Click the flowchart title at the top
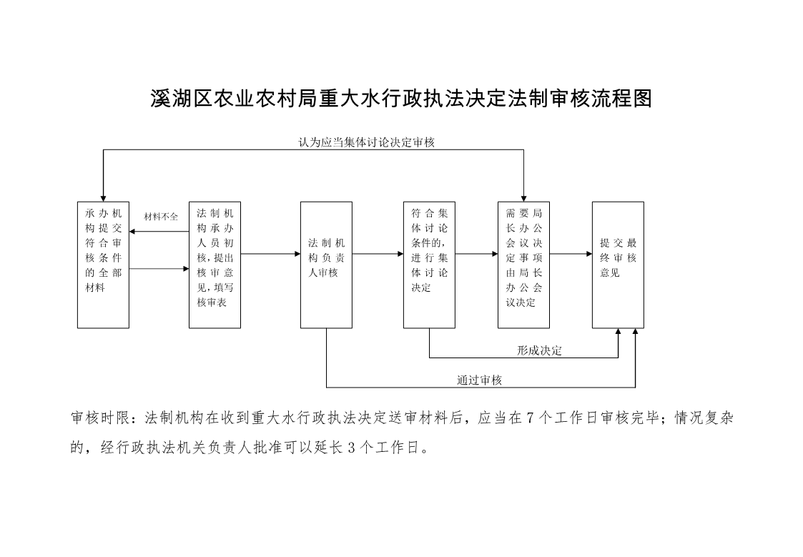401,98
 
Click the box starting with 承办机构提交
103,265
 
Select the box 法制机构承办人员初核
215,265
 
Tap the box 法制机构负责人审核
326,265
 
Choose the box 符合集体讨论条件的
429,265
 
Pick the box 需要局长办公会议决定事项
523,265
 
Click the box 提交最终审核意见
618,265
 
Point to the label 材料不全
161,217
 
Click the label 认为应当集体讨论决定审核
367,142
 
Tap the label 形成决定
539,350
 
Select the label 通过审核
479,380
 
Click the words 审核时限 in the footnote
100,418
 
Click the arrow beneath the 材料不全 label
159,232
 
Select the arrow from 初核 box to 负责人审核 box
270,254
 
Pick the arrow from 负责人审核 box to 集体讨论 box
378,254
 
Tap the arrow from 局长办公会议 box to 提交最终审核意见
571,254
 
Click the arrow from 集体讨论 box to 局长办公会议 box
476,254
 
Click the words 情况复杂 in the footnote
704,418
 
